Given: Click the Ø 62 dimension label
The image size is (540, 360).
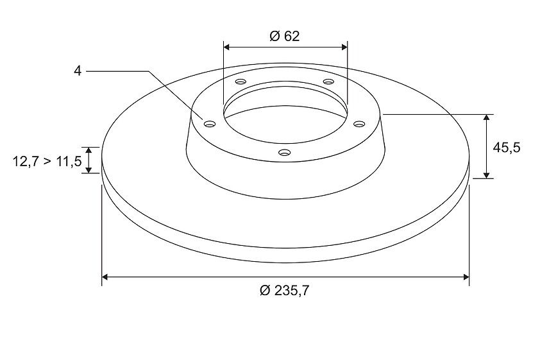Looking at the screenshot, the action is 285,36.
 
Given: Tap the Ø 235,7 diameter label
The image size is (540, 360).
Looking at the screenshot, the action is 285,291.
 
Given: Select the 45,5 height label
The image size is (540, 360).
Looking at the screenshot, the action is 506,148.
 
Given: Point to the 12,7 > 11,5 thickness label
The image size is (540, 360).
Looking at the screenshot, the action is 47,161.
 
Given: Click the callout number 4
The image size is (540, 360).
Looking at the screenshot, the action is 78,71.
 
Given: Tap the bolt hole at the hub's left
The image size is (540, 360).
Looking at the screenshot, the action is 209,124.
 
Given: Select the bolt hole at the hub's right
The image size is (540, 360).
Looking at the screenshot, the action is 359,123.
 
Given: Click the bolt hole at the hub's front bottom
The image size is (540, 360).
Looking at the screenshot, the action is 284,152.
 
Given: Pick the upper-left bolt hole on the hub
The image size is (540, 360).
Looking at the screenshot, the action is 240,81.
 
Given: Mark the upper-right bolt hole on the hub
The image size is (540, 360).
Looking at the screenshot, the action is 329,81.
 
